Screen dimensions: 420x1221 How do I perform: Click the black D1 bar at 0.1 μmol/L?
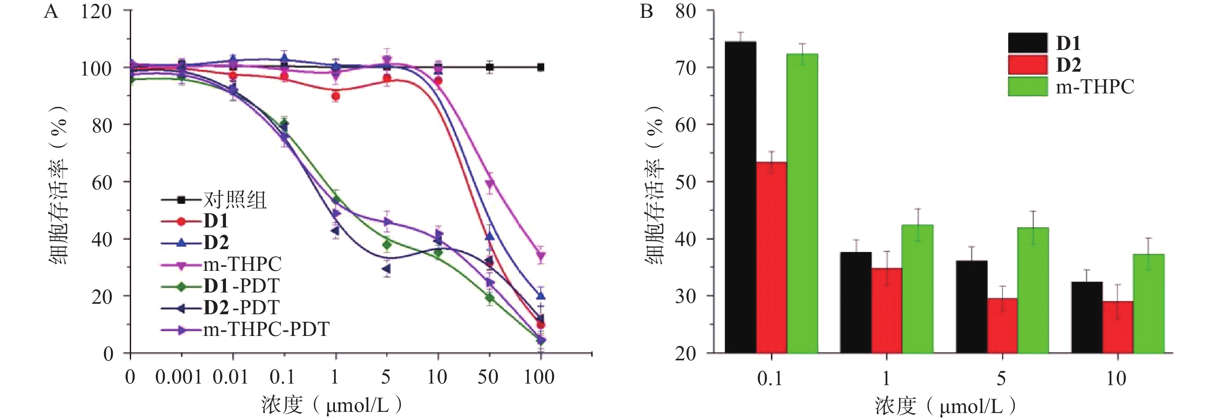[x=740, y=197]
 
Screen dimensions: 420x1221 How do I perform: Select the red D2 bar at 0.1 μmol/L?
[x=771, y=257]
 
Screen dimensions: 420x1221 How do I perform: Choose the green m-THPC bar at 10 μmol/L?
[x=1149, y=303]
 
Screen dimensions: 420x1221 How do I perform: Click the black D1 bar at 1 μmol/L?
[x=855, y=303]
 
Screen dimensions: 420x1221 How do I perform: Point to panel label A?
[x=51, y=11]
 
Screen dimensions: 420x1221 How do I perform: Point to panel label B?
[x=647, y=11]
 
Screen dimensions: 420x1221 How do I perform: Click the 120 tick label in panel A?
[x=96, y=11]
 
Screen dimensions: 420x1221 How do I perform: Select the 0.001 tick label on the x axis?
[x=179, y=377]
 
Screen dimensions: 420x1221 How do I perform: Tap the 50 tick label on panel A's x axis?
[x=488, y=377]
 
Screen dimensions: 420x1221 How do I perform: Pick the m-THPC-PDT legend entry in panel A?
[x=266, y=329]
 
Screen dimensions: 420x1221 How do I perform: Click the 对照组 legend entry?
[x=235, y=200]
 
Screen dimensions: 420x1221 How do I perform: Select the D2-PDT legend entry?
[x=241, y=308]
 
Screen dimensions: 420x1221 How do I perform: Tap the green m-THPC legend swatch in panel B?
[x=1028, y=87]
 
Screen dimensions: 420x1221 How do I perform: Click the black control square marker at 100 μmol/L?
[x=540, y=67]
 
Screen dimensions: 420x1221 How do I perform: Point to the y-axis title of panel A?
[x=59, y=185]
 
